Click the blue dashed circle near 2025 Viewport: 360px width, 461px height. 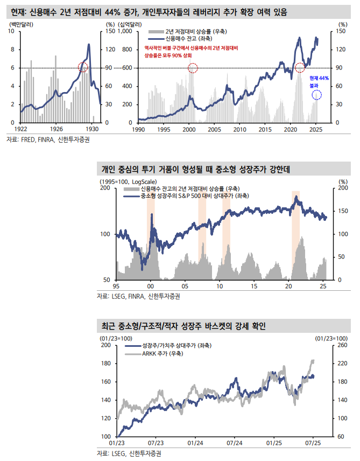click(317, 95)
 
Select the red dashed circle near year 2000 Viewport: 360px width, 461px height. click(193, 68)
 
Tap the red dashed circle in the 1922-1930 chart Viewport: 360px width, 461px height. click(82, 67)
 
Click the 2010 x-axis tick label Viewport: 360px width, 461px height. click(239, 130)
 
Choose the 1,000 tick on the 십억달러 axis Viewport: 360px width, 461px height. click(124, 31)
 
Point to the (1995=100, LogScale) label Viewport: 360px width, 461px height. click(126, 182)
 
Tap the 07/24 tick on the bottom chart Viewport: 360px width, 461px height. click(234, 443)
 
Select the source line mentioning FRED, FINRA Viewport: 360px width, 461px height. click(48, 140)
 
